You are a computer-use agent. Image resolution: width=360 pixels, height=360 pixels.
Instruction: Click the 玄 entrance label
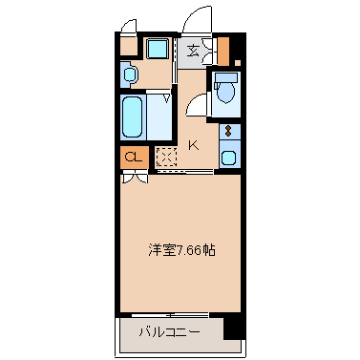click(193, 52)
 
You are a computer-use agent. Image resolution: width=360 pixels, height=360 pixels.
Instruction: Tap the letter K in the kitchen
click(193, 145)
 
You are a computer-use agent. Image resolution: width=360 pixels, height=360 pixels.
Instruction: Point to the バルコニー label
click(170, 333)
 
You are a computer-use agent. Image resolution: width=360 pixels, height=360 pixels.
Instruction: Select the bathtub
click(133, 116)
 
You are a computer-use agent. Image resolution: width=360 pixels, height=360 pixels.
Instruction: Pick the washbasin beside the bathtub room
click(130, 73)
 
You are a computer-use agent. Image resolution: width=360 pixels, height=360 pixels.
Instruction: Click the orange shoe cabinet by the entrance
click(222, 50)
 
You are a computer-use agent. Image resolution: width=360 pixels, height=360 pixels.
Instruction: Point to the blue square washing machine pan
click(156, 49)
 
